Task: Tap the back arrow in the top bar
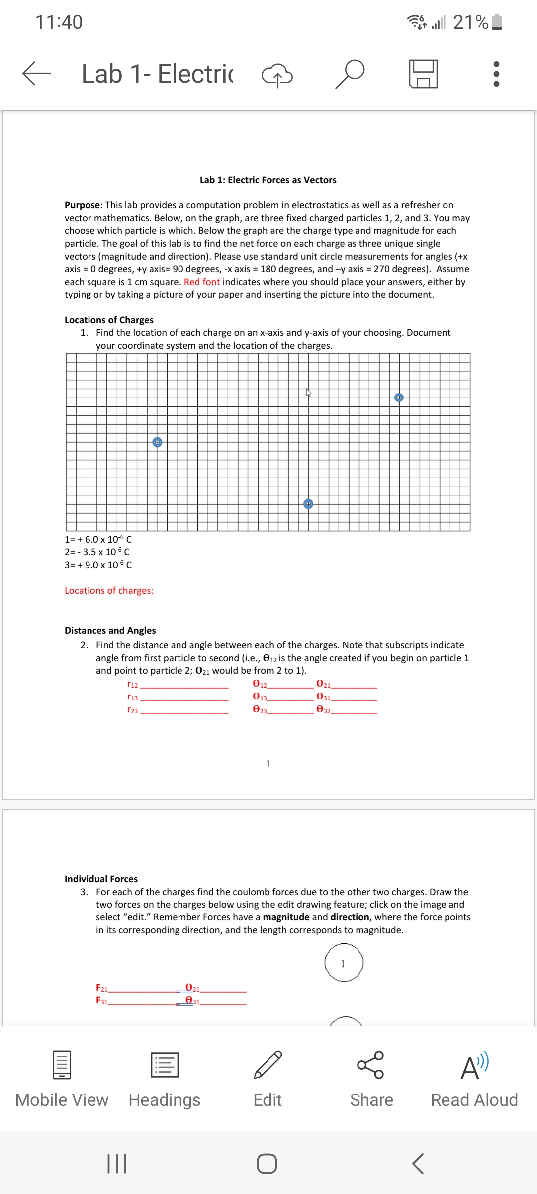click(36, 74)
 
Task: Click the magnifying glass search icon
click(350, 74)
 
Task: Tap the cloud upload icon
click(277, 75)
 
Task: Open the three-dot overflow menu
click(496, 74)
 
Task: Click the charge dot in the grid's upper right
click(399, 398)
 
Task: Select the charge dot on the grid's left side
click(157, 442)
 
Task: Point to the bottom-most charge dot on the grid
click(308, 504)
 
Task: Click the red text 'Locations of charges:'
click(109, 591)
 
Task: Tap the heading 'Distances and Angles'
click(110, 630)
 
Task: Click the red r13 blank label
click(133, 697)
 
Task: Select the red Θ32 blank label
click(323, 710)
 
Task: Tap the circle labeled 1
click(344, 963)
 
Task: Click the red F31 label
click(101, 1000)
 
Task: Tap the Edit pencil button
click(268, 1077)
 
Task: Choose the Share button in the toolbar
click(371, 1077)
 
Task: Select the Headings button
click(165, 1077)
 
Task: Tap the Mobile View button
click(62, 1077)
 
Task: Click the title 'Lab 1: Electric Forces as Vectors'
click(268, 180)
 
